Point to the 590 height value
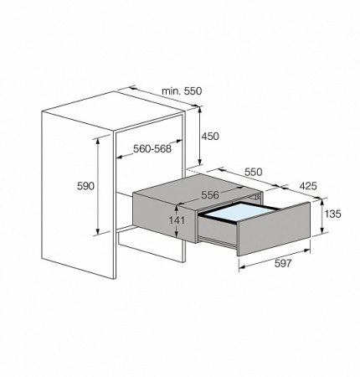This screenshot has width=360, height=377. [84, 185]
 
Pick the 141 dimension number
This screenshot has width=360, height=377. [177, 220]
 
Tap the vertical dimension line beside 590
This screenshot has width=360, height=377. [100, 185]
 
